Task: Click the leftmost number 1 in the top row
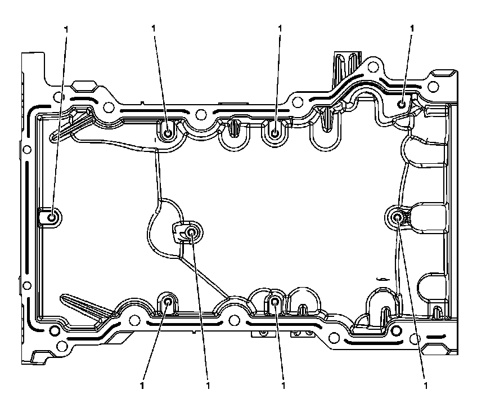(67, 28)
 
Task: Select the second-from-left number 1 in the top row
(154, 28)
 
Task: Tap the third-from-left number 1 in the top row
(278, 28)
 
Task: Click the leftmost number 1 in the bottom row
(142, 386)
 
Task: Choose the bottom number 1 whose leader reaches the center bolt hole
(208, 386)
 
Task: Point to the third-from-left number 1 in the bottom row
(283, 386)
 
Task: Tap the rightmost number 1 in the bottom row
(425, 386)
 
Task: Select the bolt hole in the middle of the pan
(192, 232)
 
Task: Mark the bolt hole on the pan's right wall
(397, 217)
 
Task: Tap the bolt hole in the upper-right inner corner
(401, 104)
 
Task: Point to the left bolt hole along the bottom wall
(168, 302)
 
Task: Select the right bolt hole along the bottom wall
(274, 302)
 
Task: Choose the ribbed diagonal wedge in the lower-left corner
(84, 307)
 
